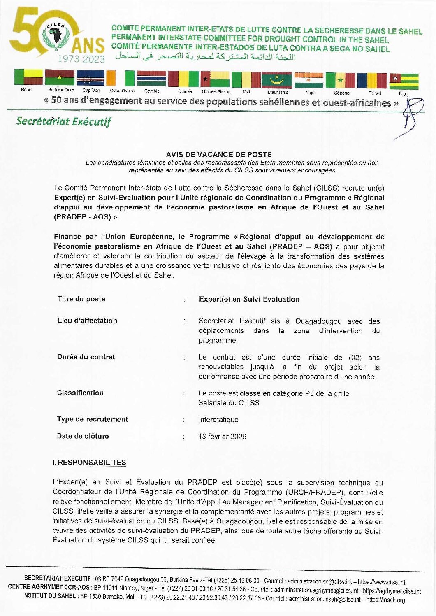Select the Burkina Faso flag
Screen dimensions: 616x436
click(60, 78)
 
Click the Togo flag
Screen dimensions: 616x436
click(404, 81)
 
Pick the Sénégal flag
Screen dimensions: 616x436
click(341, 80)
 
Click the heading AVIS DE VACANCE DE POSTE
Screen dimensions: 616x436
click(219, 155)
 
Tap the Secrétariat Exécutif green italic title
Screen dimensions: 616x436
click(64, 121)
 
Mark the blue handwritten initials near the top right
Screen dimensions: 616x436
click(407, 117)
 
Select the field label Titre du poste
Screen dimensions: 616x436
click(81, 299)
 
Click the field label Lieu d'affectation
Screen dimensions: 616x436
click(87, 321)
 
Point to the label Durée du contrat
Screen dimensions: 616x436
click(86, 357)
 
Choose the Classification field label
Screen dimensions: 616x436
click(80, 393)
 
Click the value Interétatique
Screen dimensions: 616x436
click(218, 420)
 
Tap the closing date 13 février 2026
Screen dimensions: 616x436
click(222, 437)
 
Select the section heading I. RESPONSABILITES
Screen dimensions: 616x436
click(90, 463)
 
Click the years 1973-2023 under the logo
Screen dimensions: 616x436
click(81, 59)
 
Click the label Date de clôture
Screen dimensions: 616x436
click(83, 436)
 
